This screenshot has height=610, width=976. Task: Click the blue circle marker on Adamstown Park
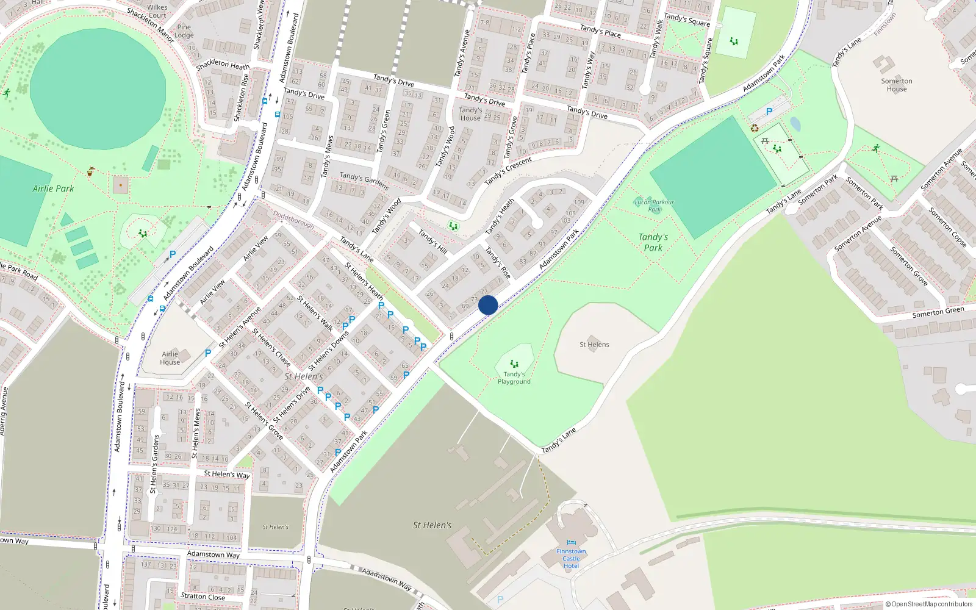[488, 305]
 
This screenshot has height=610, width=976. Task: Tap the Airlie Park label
[53, 188]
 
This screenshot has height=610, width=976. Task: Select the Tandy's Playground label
[514, 378]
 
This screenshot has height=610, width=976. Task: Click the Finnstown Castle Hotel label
[571, 558]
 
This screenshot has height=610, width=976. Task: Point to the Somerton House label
[897, 85]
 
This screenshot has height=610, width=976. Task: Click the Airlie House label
[170, 358]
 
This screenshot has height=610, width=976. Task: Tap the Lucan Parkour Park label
[654, 206]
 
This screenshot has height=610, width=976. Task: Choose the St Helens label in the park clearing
[594, 345]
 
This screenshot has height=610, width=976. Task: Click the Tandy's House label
[470, 114]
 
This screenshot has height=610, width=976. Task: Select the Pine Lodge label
[184, 31]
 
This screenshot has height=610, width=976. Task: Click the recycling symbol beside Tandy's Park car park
[755, 128]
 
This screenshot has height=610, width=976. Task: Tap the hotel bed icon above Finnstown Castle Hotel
[571, 542]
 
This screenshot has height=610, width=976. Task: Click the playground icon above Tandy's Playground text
[514, 364]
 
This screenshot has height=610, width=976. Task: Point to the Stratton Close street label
[203, 597]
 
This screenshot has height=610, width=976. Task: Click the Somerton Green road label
[938, 312]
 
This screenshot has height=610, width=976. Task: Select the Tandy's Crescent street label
[508, 171]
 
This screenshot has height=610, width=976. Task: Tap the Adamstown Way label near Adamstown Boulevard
[213, 554]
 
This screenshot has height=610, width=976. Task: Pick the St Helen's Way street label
[226, 474]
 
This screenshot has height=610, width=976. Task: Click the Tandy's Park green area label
[653, 242]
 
